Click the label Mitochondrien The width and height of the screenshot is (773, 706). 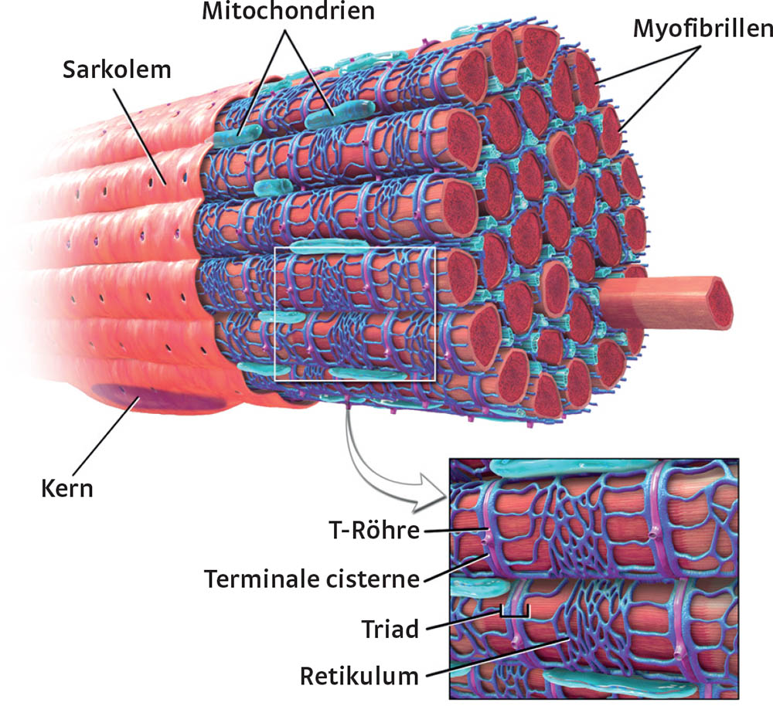288,12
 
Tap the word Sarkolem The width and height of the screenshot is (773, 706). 117,70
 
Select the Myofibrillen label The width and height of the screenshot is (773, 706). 703,29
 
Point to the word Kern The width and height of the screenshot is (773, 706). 67,489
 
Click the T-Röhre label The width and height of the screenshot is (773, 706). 374,531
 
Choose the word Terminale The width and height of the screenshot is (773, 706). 266,579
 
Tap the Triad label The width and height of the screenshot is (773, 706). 390,629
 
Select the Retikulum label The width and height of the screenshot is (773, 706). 359,677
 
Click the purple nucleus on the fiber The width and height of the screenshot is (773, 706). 158,397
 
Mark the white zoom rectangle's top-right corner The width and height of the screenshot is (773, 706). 434,248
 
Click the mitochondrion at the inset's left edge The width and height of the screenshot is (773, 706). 478,588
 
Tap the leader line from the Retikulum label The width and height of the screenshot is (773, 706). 499,657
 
